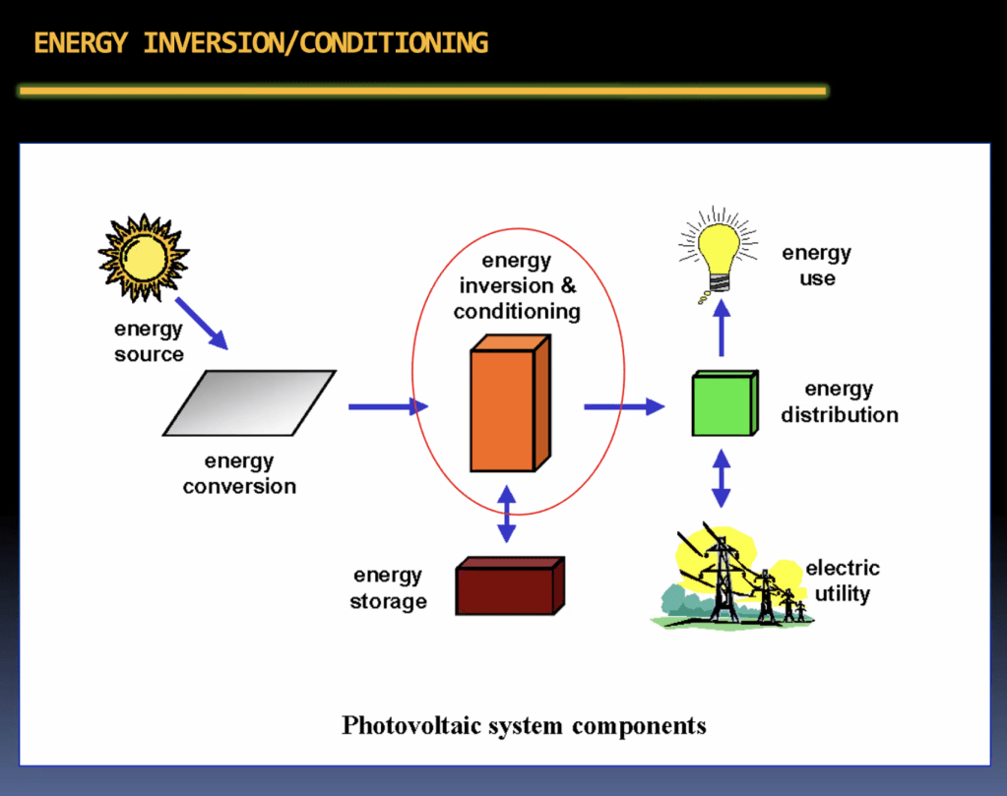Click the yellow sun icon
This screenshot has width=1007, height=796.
click(143, 258)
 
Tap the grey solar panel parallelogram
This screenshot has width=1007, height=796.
click(249, 403)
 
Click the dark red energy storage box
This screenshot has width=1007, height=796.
click(510, 585)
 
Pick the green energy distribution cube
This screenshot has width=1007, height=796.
click(725, 403)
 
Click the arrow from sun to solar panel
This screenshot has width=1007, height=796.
click(202, 324)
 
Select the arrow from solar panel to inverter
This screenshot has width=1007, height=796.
click(388, 406)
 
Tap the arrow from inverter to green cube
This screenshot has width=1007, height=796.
click(624, 406)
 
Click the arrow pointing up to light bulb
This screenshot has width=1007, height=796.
click(722, 328)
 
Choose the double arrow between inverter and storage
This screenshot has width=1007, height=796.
click(507, 514)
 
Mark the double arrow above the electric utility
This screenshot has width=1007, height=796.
click(722, 478)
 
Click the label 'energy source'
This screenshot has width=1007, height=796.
click(149, 341)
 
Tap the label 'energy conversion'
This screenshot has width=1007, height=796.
click(239, 473)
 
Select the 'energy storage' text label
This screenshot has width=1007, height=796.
click(388, 588)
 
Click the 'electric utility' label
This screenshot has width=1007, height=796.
click(843, 581)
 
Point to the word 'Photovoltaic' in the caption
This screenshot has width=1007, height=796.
click(411, 725)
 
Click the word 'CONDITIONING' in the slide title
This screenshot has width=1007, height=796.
click(394, 43)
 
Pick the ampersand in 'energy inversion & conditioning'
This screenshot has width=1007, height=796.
click(568, 285)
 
